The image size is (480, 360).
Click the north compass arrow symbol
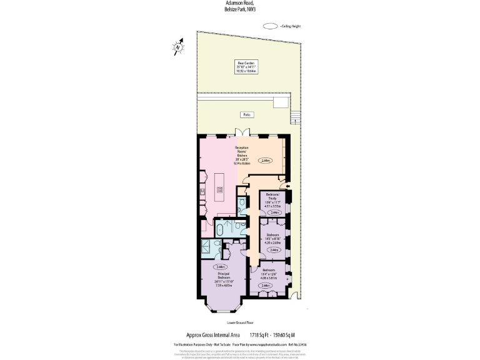[178, 46]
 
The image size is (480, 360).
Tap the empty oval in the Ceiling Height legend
[271, 26]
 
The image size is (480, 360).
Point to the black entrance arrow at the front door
[288, 186]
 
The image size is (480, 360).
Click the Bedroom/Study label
[272, 201]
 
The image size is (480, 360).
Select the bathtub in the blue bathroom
[221, 229]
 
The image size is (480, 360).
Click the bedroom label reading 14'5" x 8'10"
[272, 238]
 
